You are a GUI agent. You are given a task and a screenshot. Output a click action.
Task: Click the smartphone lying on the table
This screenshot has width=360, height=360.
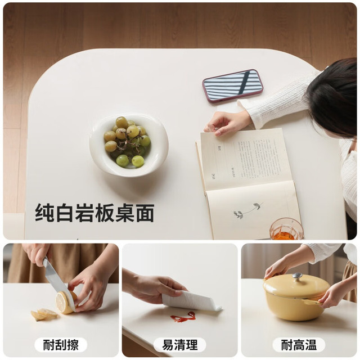[x=232, y=85]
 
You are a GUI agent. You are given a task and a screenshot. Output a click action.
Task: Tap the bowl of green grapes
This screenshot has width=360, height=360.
[x=129, y=145]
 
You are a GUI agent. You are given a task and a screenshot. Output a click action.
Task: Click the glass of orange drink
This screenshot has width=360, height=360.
[x=286, y=229]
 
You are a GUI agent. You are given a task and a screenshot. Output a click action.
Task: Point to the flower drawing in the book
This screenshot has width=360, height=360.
[x=247, y=210]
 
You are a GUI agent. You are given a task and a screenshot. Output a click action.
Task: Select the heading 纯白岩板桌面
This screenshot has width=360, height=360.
[x=94, y=213]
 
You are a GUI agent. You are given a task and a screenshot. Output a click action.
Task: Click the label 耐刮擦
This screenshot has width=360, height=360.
[x=61, y=345]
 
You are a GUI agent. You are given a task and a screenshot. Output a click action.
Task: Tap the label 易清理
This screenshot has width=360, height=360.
[x=180, y=345]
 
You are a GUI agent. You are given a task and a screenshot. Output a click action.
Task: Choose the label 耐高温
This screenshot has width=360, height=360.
[x=299, y=345]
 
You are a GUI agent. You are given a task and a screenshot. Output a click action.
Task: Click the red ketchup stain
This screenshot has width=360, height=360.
[x=183, y=317]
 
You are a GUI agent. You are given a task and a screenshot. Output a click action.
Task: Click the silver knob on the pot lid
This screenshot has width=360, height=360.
[x=298, y=276]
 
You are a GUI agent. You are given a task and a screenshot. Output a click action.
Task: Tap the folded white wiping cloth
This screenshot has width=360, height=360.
[x=191, y=300]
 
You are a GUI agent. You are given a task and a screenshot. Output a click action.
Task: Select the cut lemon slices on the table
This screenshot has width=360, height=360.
[x=44, y=314]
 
